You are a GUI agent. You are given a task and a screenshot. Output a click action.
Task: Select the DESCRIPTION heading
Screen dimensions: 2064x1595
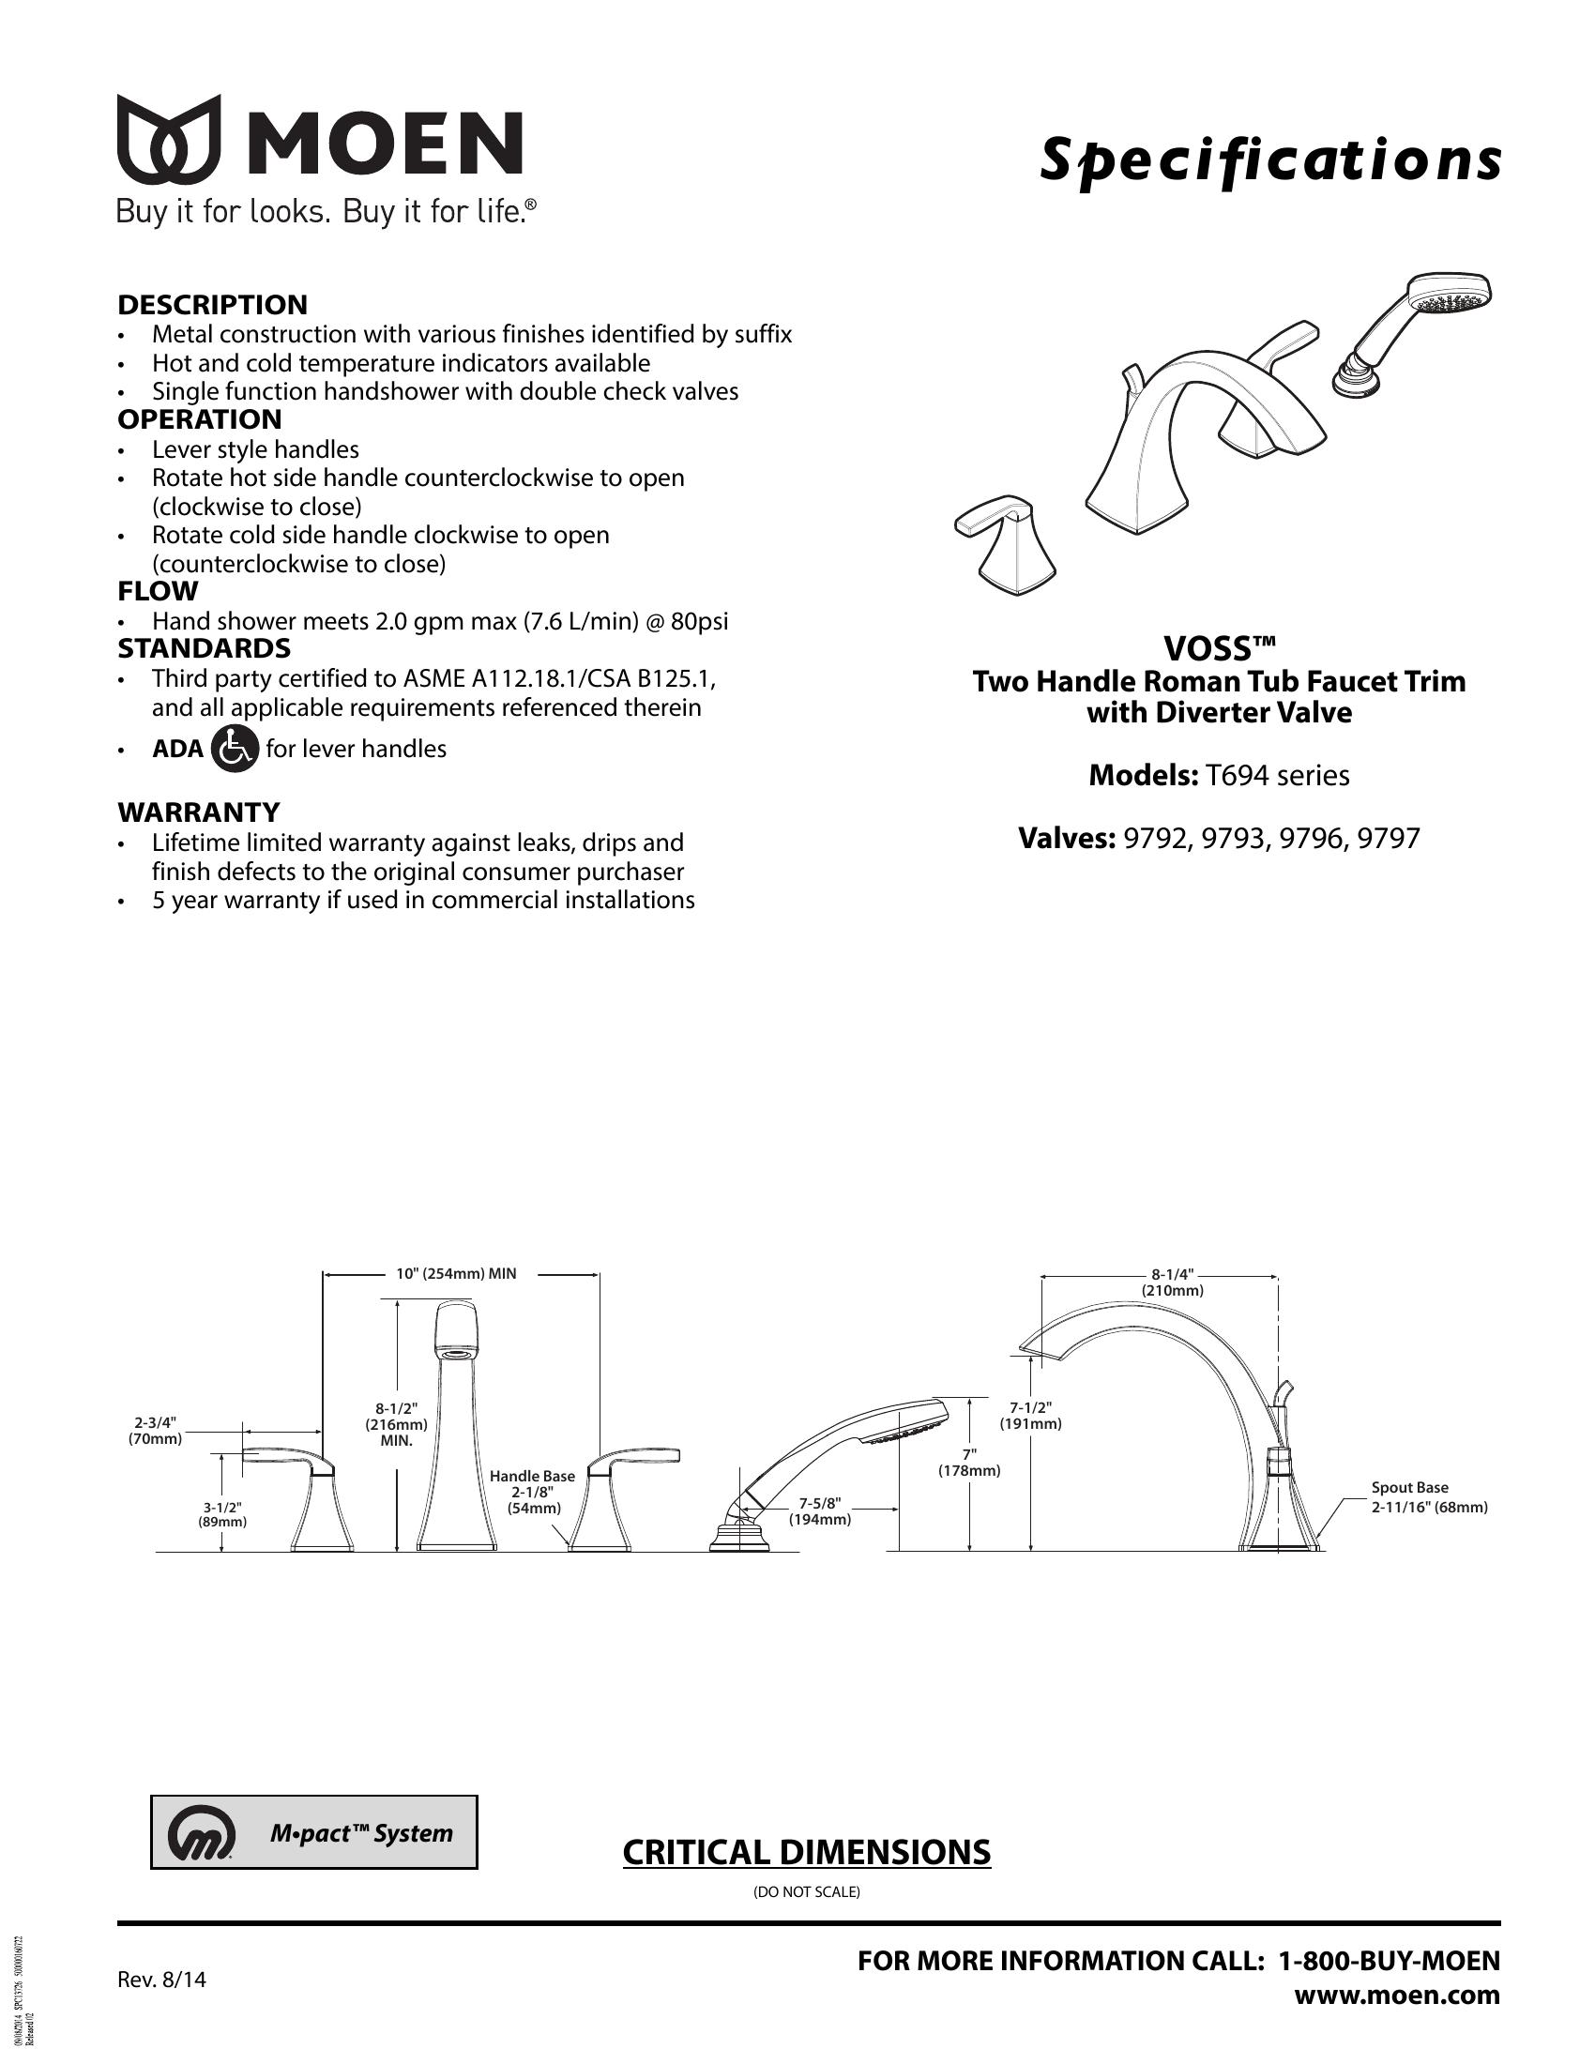(213, 305)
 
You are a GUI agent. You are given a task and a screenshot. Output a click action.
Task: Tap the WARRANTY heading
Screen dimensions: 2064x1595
(198, 812)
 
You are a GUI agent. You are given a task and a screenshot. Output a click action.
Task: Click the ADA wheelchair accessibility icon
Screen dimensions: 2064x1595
(234, 750)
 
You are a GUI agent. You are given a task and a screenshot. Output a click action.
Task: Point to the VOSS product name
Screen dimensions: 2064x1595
(1218, 649)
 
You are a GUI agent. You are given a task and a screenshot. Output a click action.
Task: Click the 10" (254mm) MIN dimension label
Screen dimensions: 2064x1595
(456, 1273)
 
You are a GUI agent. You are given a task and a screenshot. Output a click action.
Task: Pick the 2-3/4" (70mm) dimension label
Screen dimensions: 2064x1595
(155, 1431)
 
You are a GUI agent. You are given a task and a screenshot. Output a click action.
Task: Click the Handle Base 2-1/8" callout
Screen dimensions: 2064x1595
(532, 1492)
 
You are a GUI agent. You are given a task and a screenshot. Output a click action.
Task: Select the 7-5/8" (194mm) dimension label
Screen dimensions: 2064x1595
(820, 1511)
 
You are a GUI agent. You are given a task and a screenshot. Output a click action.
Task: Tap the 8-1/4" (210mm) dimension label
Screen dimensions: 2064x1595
(1173, 1282)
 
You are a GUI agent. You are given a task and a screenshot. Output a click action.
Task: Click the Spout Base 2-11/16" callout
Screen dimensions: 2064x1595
(1429, 1497)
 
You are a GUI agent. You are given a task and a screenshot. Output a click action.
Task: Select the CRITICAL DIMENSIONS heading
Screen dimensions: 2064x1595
(806, 1852)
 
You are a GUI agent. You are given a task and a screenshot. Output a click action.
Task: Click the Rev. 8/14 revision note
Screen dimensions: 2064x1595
(160, 1980)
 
